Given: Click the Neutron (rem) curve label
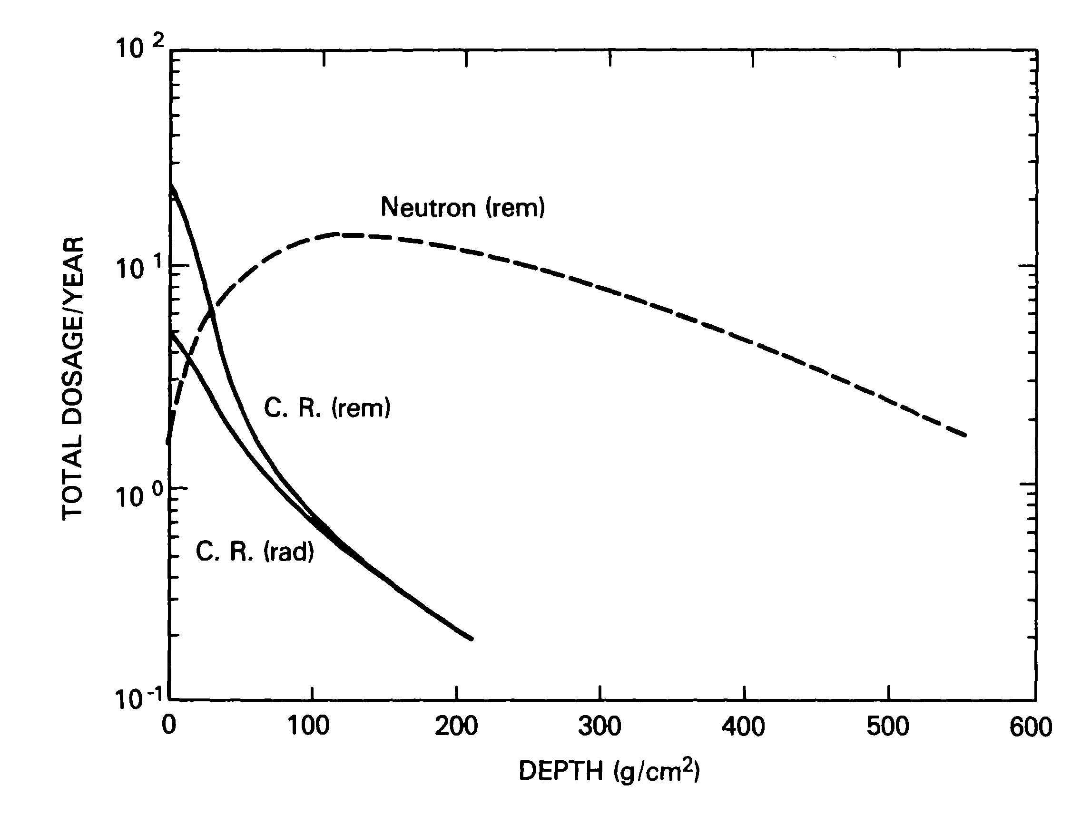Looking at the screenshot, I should [x=462, y=207].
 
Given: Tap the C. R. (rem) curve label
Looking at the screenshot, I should [x=327, y=408].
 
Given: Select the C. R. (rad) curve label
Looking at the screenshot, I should [x=255, y=552].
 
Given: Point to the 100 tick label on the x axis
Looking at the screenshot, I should [x=309, y=726].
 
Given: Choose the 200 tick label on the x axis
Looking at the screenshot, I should [x=455, y=726].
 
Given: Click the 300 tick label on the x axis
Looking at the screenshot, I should [x=599, y=726].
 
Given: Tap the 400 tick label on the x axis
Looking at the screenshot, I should [x=743, y=726].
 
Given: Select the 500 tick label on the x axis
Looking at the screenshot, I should [x=887, y=726].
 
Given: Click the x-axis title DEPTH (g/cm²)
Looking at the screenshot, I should [x=609, y=772].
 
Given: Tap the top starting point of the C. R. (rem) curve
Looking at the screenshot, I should [x=170, y=185].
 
